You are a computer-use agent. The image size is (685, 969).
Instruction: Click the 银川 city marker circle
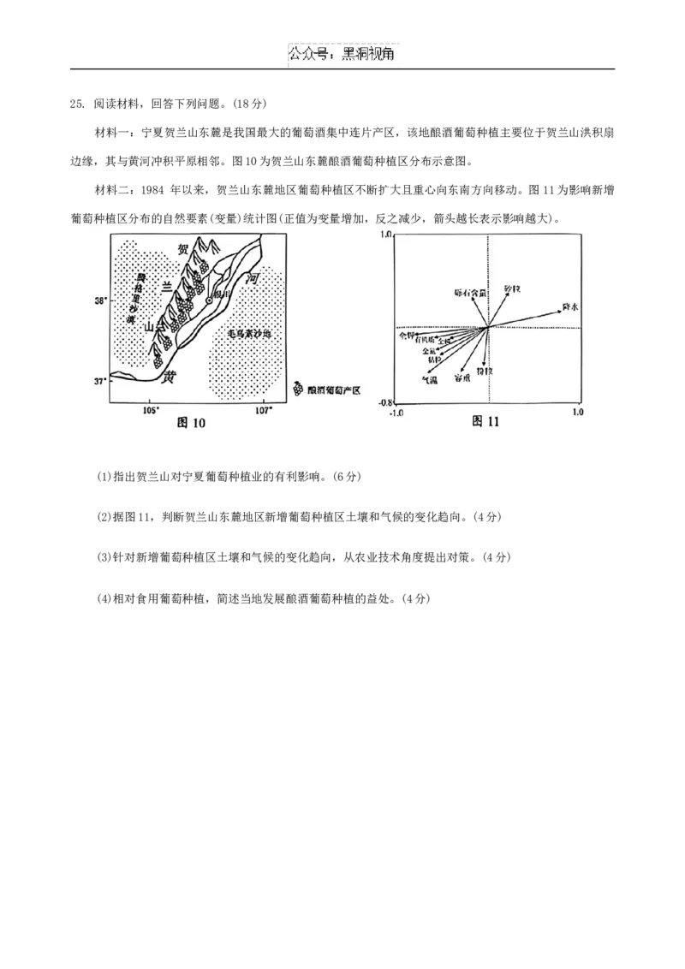(208, 300)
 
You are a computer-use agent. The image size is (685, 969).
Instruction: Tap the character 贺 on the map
(182, 250)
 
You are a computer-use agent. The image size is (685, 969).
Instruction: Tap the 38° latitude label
(101, 300)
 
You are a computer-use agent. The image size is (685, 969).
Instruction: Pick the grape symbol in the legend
(298, 389)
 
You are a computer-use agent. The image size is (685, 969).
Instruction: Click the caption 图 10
(191, 422)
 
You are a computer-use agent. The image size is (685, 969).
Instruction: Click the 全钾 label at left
(406, 336)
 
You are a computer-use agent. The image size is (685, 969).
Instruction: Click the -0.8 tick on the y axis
(384, 402)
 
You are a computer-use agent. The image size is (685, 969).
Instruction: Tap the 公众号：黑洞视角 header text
(342, 55)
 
